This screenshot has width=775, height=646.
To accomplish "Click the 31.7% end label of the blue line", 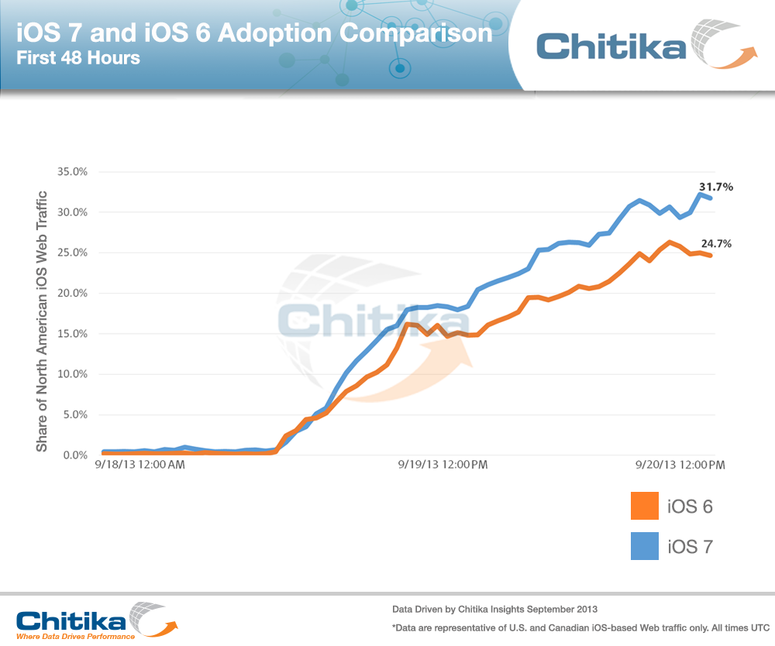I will [716, 187].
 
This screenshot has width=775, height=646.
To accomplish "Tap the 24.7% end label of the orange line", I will [716, 243].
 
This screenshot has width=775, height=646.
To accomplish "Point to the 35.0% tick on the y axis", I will [72, 172].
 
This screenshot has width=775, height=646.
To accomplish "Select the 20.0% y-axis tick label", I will [72, 294].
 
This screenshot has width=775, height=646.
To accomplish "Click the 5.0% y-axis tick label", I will [74, 415].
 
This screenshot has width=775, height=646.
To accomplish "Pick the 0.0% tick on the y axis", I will [74, 455].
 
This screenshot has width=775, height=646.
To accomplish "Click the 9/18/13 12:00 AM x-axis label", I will [140, 465].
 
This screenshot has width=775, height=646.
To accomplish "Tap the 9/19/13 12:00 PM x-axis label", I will [443, 465].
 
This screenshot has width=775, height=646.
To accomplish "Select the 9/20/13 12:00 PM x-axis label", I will [680, 465].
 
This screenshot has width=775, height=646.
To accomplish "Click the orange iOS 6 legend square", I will [645, 507].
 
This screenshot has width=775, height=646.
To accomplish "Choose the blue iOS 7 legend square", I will [645, 546].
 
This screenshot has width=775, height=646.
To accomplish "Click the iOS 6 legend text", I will [690, 507].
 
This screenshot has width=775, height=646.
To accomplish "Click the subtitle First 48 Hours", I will [79, 57].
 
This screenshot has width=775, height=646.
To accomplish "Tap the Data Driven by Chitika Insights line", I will [494, 608].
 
